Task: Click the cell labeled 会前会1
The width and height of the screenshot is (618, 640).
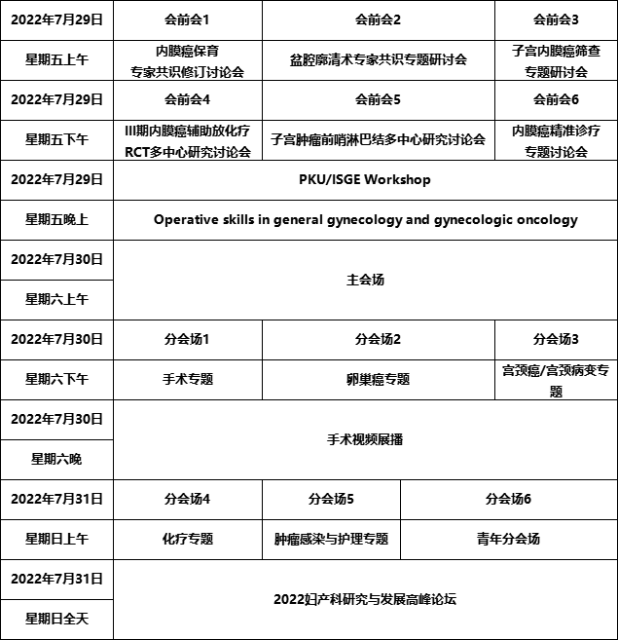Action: (187, 19)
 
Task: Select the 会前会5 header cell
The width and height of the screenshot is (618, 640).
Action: (378, 99)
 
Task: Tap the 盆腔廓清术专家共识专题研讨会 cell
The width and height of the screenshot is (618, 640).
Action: (378, 59)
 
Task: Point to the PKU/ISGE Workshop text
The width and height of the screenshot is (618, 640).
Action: (365, 179)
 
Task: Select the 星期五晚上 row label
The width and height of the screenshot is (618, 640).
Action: (56, 219)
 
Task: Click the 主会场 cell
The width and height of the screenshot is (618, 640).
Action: (365, 280)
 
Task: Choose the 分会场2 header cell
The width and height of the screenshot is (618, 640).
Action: (378, 339)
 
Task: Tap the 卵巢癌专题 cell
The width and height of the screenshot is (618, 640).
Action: (378, 379)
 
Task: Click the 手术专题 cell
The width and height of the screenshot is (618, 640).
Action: (187, 379)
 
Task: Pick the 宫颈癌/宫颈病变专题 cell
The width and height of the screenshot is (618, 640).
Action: (556, 380)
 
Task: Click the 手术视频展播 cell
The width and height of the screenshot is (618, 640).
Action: (365, 439)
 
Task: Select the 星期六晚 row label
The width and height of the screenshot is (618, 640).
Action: (56, 459)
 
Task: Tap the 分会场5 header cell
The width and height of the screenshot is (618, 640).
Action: (331, 499)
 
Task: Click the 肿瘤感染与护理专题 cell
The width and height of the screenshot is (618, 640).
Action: (331, 539)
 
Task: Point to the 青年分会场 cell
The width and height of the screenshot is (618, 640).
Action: (508, 539)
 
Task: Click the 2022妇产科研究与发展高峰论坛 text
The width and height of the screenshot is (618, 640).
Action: (365, 599)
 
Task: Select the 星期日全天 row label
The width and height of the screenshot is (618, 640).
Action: (56, 619)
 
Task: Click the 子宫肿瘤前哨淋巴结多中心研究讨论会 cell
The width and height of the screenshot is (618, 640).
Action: (378, 139)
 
